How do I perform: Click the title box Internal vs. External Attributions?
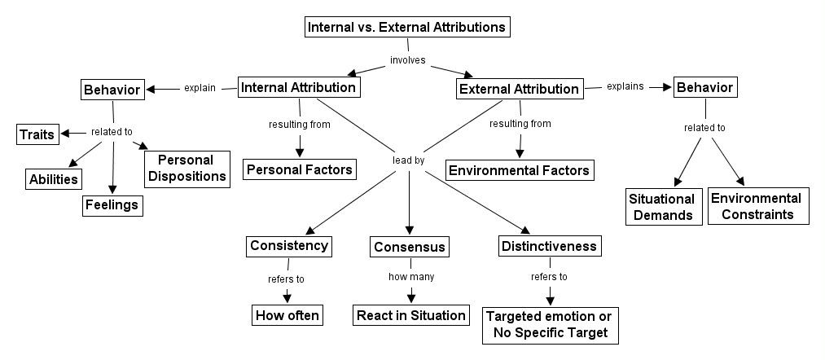[407, 27]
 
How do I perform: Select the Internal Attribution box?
[298, 87]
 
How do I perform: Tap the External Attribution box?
[519, 89]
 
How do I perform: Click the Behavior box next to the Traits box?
[113, 88]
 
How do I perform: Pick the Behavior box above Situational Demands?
[705, 86]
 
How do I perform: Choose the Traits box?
[37, 133]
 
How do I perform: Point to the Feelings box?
[112, 204]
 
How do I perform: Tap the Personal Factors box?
[300, 169]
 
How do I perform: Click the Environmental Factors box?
[519, 169]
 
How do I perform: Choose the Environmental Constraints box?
[756, 206]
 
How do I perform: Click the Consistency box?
[289, 245]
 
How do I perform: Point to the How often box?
[288, 315]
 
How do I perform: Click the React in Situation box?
[410, 315]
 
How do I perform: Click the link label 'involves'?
[408, 59]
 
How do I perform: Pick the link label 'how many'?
[410, 277]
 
